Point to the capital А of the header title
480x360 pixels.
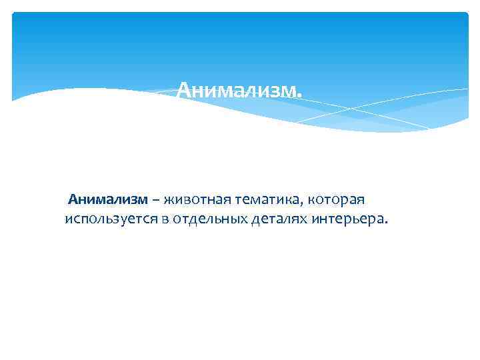click(184, 89)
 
